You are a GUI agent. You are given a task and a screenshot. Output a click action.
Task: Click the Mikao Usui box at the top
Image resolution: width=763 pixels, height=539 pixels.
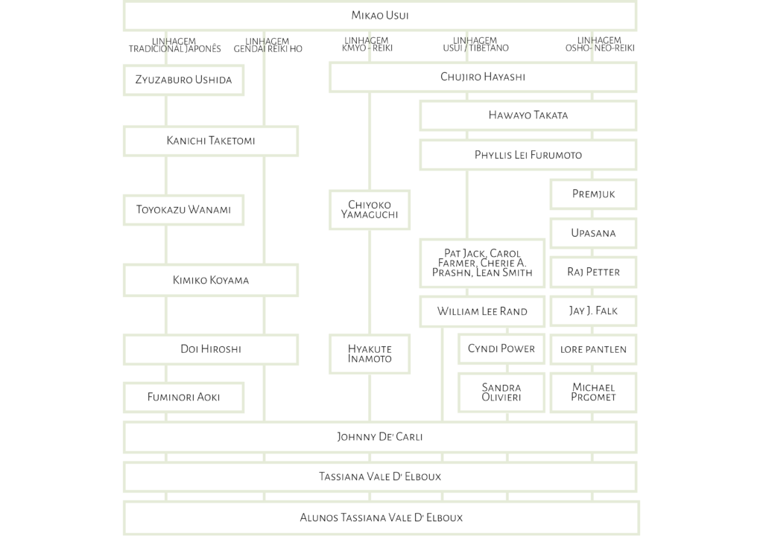[379, 16]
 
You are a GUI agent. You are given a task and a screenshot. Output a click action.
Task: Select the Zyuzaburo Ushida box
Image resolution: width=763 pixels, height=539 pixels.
[183, 80]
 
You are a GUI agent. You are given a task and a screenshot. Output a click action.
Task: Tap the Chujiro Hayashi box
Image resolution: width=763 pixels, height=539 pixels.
[483, 77]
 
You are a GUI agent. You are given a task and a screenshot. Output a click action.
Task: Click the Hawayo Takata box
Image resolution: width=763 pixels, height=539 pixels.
[528, 115]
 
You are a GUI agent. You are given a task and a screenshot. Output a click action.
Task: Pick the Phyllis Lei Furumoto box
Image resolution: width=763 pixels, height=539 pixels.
[528, 155]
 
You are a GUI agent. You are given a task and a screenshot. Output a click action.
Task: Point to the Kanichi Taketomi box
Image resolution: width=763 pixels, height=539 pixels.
[211, 141]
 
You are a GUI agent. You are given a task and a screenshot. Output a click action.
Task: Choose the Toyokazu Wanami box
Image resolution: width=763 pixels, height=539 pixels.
[183, 210]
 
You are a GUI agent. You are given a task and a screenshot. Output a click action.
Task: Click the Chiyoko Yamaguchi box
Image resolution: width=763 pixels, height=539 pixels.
[370, 210]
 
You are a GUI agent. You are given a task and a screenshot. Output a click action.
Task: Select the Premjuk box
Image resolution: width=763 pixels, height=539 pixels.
[593, 194]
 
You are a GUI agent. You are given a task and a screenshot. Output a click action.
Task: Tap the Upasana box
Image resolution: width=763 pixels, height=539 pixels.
[593, 233]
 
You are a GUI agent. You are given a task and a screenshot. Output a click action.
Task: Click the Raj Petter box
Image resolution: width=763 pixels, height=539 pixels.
[593, 272]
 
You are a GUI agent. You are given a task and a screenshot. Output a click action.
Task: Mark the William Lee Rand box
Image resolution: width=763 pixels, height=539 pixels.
[482, 311]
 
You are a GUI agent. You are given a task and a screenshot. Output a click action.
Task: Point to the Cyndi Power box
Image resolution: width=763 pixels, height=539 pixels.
[501, 349]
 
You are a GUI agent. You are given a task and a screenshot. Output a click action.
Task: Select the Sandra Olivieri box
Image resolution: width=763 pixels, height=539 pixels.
[501, 392]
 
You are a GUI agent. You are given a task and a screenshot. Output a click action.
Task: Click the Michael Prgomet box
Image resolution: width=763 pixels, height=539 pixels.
[593, 392]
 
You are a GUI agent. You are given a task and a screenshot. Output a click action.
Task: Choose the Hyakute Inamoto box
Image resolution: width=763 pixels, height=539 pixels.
[370, 354]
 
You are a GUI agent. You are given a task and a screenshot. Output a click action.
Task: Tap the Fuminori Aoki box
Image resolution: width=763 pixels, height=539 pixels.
[183, 398]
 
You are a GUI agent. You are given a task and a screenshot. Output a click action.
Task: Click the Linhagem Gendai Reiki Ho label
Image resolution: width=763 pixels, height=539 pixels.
[267, 45]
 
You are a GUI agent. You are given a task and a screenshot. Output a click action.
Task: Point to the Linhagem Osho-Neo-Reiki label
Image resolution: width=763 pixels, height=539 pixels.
[600, 44]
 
